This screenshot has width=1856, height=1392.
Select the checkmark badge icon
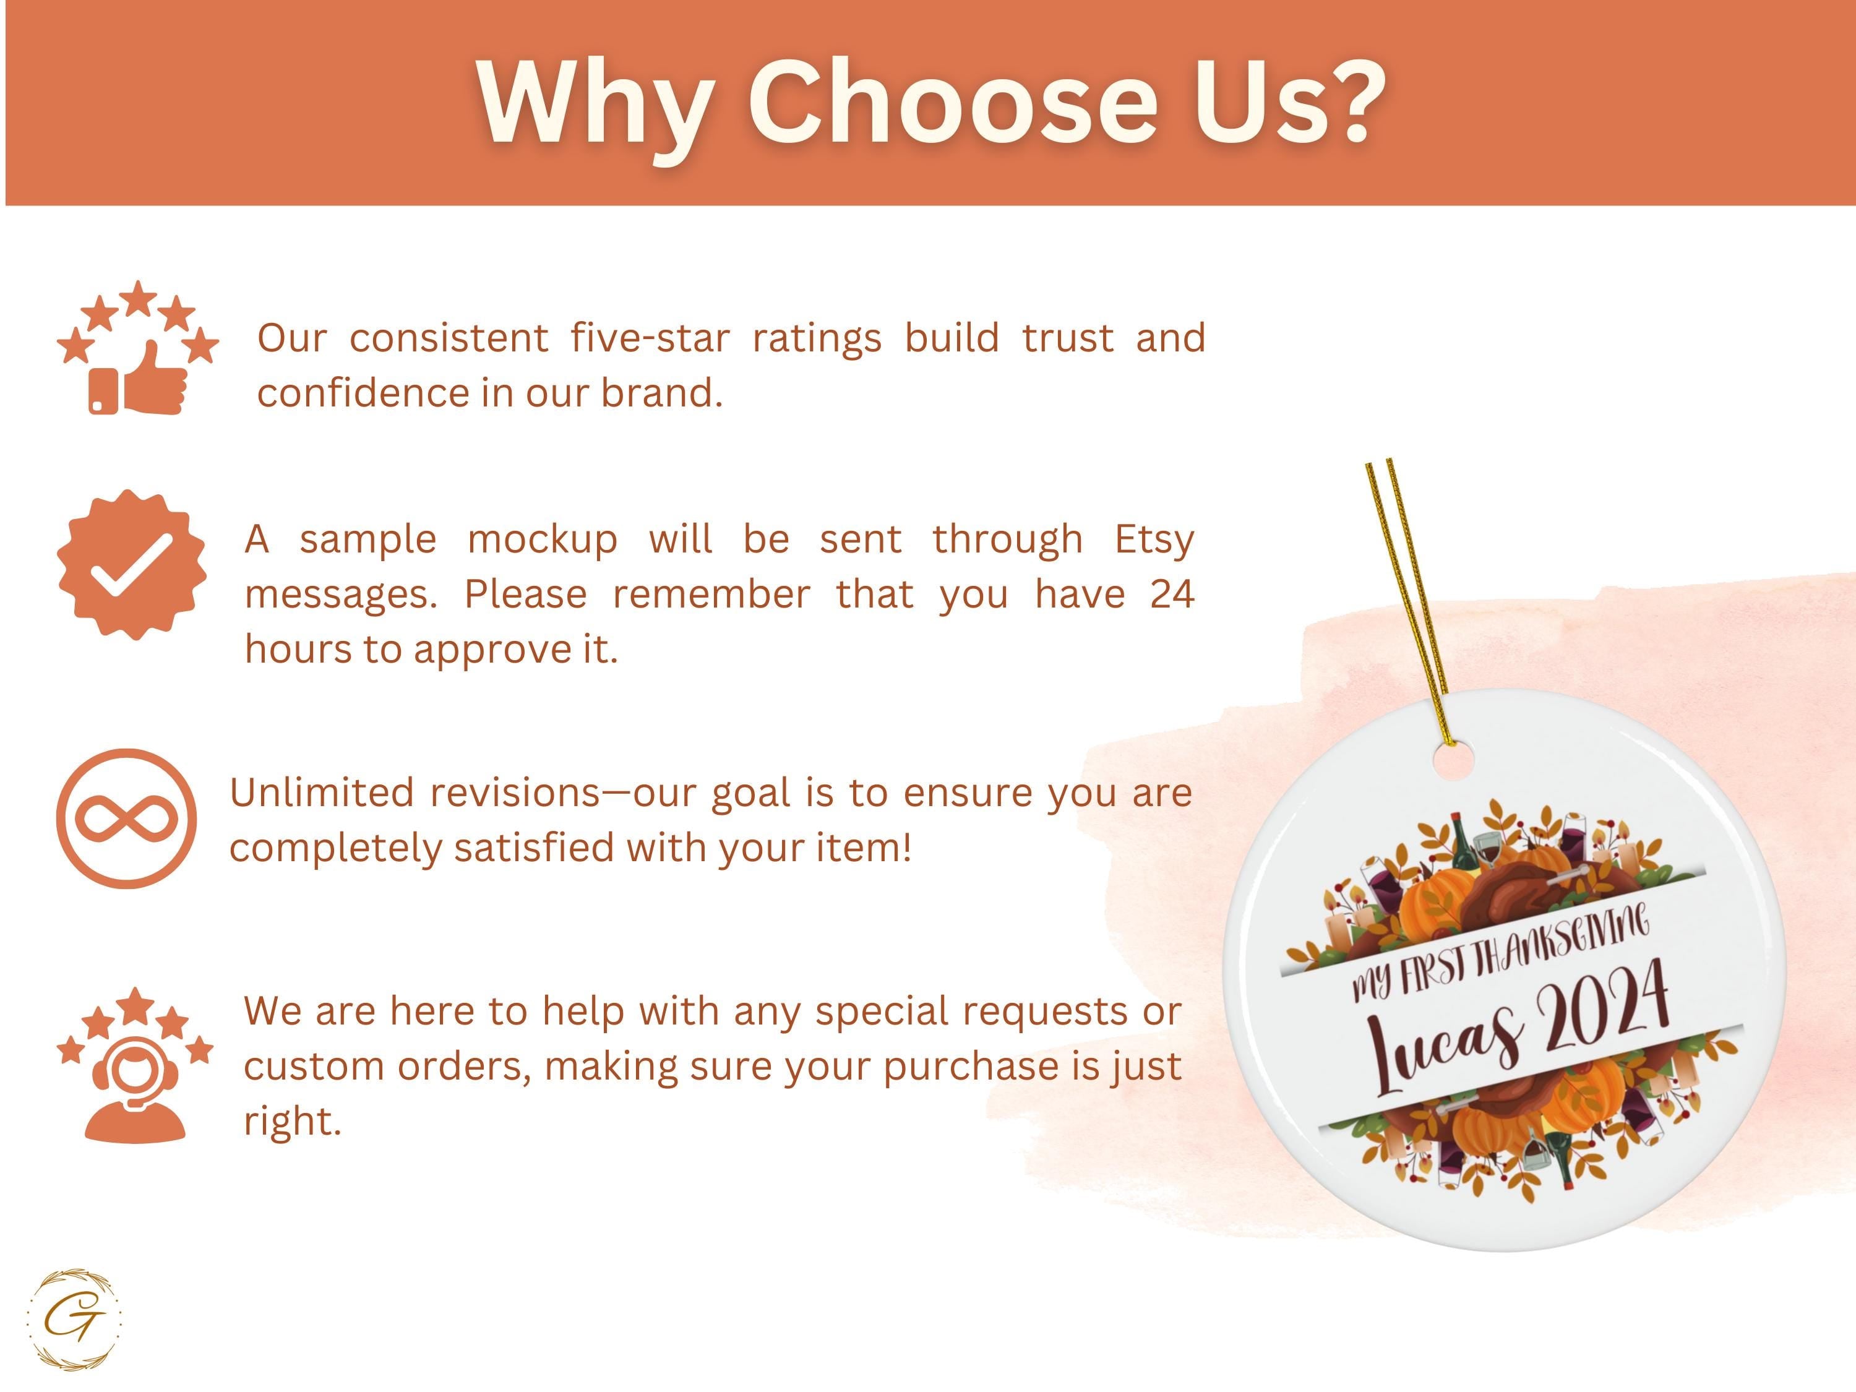[x=132, y=565]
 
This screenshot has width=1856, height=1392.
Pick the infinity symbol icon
[x=127, y=818]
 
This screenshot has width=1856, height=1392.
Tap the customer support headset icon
[x=135, y=1064]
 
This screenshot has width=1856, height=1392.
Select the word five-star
[x=650, y=338]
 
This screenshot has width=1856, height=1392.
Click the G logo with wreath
[x=75, y=1320]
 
